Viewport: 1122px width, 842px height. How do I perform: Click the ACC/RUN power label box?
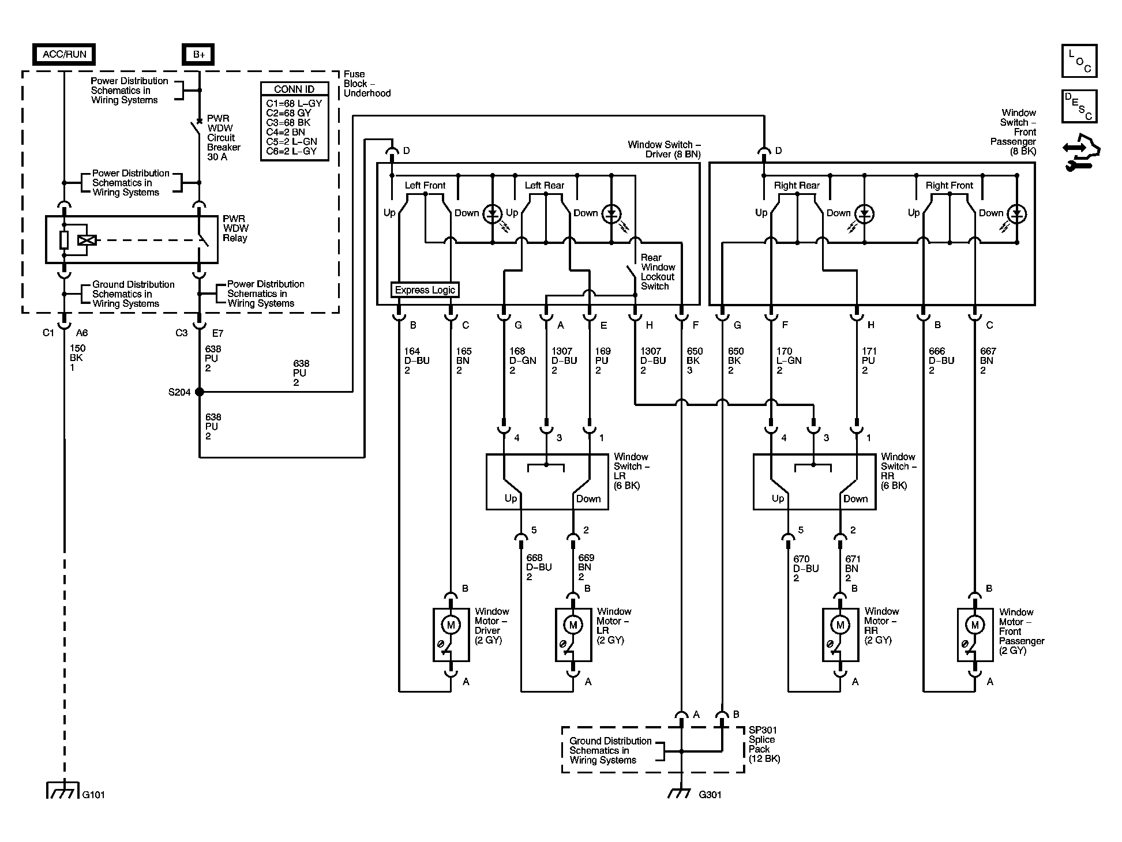(x=64, y=54)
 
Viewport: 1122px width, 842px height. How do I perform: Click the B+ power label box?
(x=199, y=54)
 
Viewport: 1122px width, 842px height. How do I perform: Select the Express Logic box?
(x=425, y=290)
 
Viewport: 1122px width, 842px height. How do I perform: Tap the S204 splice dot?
(x=200, y=392)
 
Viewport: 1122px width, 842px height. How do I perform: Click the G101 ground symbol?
(x=62, y=790)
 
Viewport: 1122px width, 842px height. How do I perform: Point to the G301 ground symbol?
(x=681, y=793)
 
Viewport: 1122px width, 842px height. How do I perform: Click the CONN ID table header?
(x=295, y=89)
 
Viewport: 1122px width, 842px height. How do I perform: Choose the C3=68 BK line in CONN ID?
(x=288, y=122)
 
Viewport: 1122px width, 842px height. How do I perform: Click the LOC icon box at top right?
(x=1079, y=61)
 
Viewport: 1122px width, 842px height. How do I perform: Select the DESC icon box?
(x=1079, y=107)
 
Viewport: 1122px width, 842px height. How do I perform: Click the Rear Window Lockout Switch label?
(x=658, y=272)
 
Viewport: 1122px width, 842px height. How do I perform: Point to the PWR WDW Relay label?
(x=236, y=228)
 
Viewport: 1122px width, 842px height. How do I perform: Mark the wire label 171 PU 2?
(x=868, y=360)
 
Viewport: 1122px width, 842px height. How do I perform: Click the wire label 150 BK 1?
(x=77, y=358)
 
